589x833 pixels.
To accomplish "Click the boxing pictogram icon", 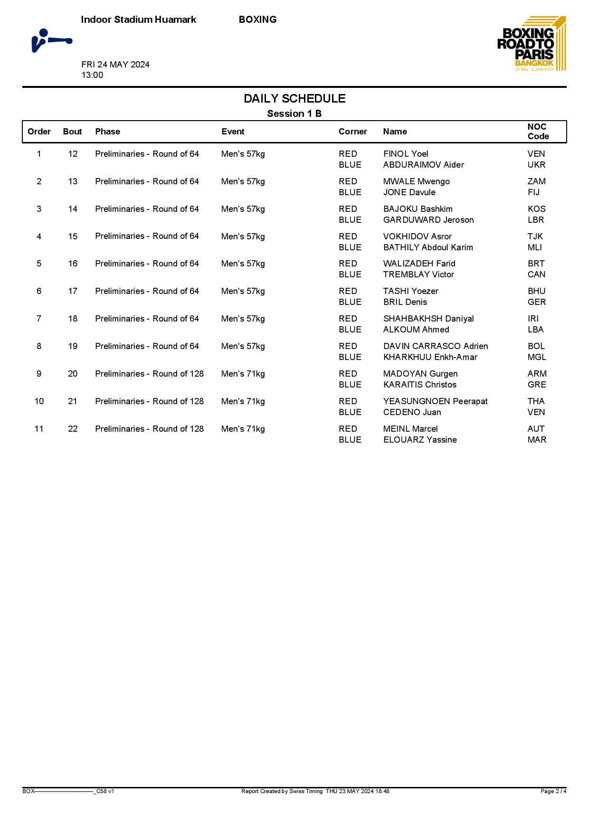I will [x=51, y=41].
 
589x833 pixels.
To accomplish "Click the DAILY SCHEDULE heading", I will [x=294, y=99].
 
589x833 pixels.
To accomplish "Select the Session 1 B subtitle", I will [x=294, y=114].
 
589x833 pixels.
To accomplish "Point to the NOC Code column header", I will [x=538, y=132].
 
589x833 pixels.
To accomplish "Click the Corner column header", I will [x=352, y=132].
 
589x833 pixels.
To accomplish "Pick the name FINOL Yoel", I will [x=406, y=154].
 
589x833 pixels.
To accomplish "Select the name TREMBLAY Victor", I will [x=418, y=275].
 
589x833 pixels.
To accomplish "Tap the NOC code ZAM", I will [x=536, y=181].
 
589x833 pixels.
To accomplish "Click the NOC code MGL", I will [x=537, y=357].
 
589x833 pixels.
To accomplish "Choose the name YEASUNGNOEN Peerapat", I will [x=435, y=401].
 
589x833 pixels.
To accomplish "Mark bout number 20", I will [x=73, y=374].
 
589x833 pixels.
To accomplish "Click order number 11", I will [x=39, y=429].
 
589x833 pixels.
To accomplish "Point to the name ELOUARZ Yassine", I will [x=420, y=440].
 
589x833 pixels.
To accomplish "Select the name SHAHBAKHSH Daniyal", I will [x=428, y=319].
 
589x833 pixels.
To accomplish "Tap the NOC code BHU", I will [x=536, y=291].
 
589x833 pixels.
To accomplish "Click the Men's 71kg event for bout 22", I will [x=243, y=429].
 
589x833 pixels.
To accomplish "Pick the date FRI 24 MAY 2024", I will [x=115, y=65].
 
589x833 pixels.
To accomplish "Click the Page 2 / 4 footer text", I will [x=553, y=791].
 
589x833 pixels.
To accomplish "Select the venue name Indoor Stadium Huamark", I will [x=139, y=19].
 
